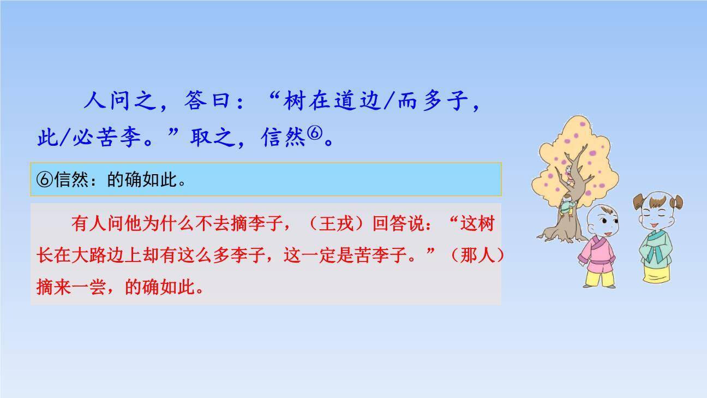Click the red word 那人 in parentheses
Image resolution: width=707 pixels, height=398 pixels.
[x=478, y=256]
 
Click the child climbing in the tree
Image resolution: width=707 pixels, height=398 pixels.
[x=568, y=204]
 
